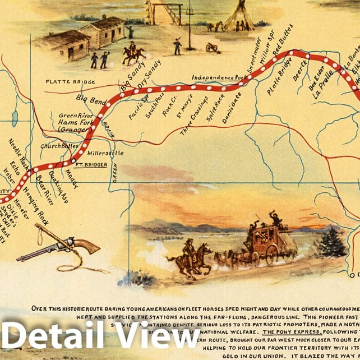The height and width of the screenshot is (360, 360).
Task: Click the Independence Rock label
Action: [x=219, y=77]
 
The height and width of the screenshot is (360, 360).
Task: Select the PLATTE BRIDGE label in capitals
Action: [x=70, y=82]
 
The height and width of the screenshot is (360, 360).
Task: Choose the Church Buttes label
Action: [x=59, y=145]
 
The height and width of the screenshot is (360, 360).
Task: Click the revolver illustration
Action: [x=59, y=247]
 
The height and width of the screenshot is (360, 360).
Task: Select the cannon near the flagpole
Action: [x=213, y=48]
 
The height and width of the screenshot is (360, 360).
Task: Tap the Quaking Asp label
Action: [x=58, y=186]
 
